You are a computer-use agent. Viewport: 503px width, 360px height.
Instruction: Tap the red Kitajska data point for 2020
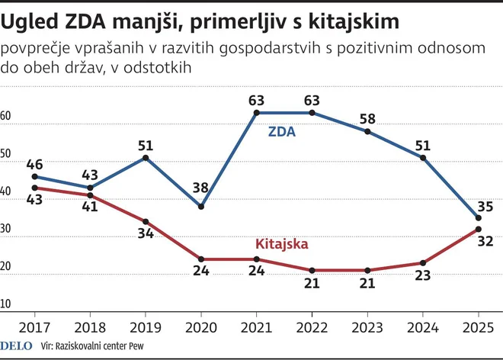[200, 259]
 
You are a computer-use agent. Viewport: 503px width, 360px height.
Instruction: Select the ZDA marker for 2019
[146, 158]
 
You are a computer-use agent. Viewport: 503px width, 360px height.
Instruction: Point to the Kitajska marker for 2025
[478, 229]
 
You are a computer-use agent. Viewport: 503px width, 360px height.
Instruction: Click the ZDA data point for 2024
[423, 158]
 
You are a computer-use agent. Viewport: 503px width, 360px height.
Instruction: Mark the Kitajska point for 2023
[367, 270]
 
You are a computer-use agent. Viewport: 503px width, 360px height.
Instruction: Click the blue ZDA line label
[281, 131]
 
